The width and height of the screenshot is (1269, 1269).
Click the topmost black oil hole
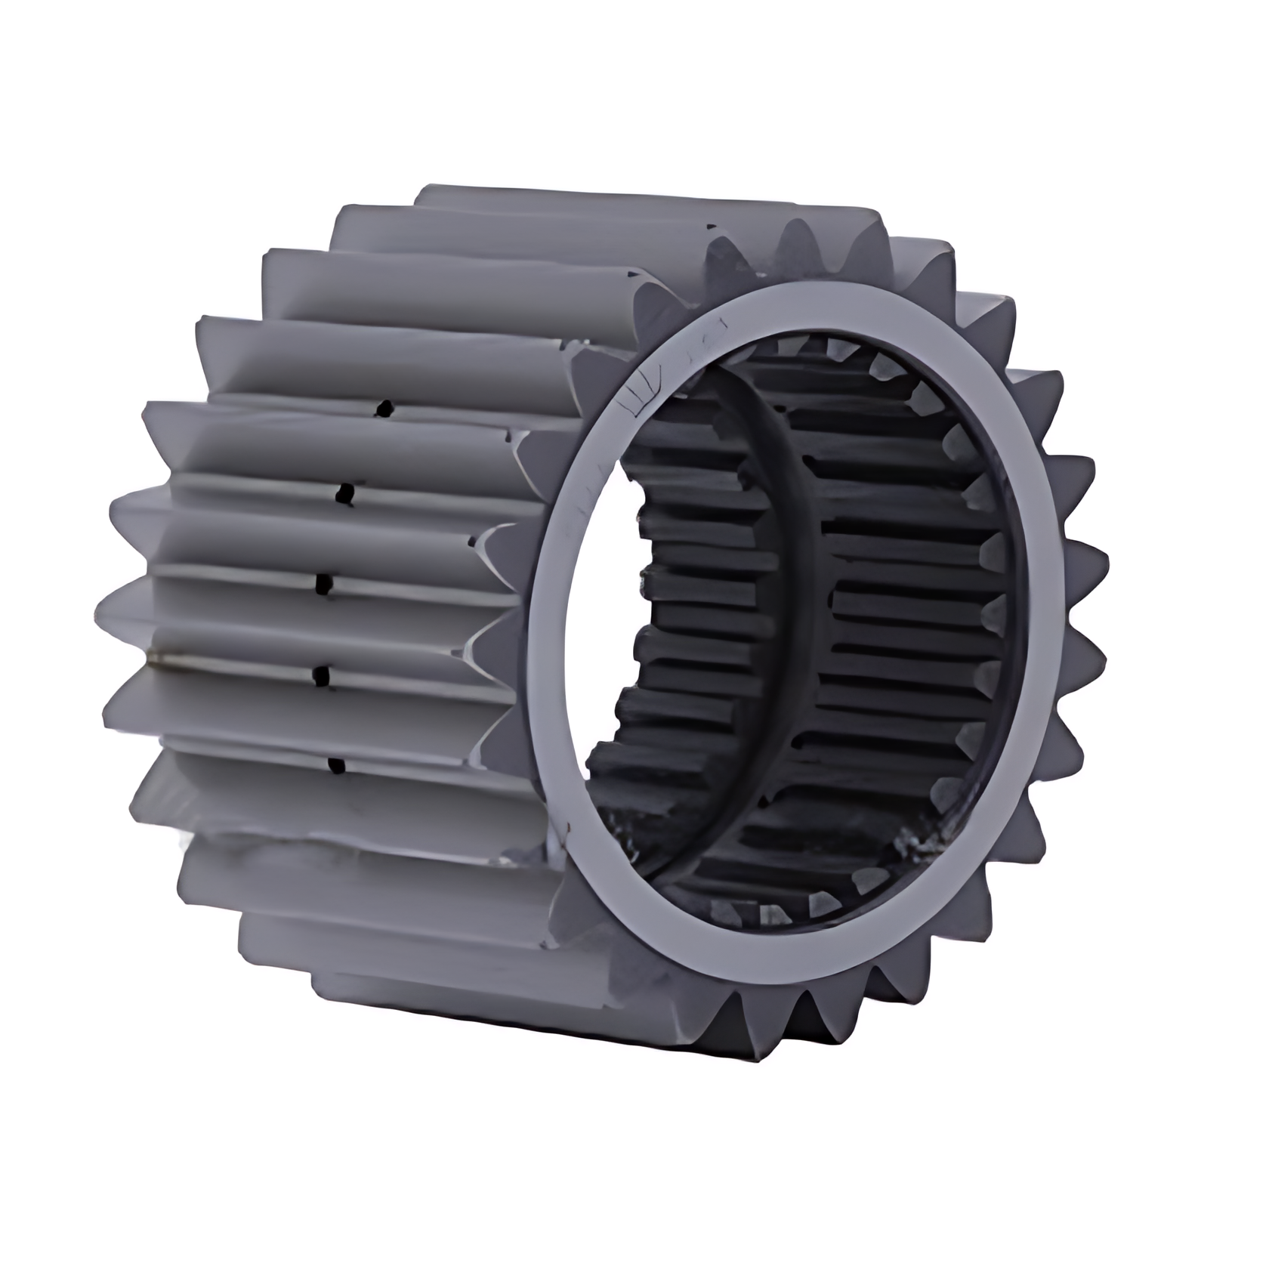[385, 409]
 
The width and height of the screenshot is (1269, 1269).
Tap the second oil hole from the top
[347, 493]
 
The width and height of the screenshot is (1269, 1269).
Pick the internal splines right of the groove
[906, 604]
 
